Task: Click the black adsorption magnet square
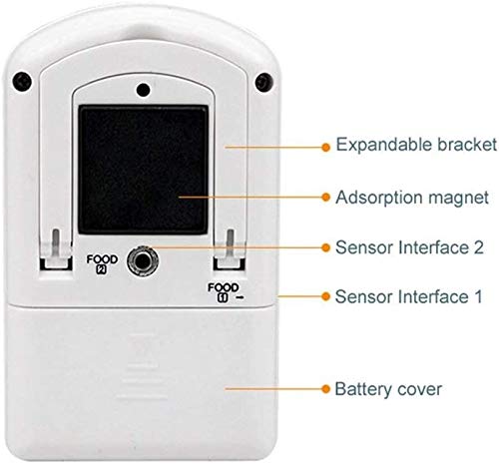tap(143, 170)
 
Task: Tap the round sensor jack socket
tap(143, 260)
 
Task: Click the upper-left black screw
tap(22, 81)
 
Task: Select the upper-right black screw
tap(264, 82)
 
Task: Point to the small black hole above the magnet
tap(143, 89)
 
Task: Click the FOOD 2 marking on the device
tap(102, 263)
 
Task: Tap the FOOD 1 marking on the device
tap(224, 292)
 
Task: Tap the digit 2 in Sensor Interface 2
tap(478, 247)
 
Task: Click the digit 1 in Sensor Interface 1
tap(478, 296)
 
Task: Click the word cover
tap(420, 390)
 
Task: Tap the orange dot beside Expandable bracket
tap(326, 147)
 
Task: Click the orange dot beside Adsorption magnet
tap(326, 198)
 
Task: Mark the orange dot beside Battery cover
tap(326, 389)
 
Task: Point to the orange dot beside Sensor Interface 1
tap(326, 296)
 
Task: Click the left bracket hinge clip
tap(56, 249)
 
